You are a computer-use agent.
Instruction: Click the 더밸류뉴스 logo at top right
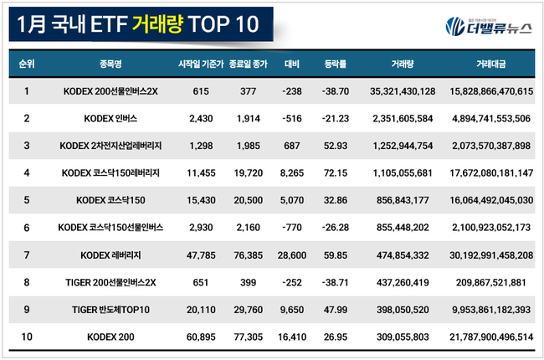coord(487,26)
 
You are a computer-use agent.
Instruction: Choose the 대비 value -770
coord(292,227)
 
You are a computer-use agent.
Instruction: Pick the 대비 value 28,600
coord(292,255)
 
